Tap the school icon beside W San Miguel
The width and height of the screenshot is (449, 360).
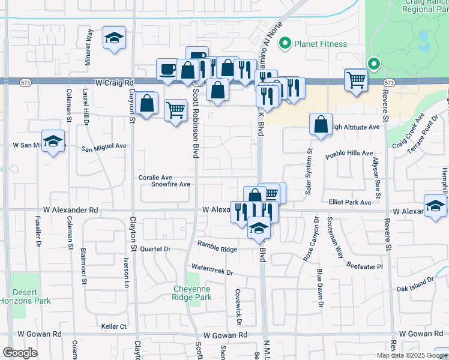(53, 142)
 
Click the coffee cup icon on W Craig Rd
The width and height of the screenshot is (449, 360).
(167, 69)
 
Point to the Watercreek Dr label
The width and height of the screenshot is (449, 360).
(212, 269)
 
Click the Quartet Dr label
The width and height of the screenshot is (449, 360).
(155, 248)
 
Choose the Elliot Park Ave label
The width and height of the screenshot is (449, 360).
(350, 203)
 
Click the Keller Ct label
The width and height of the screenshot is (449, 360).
(114, 326)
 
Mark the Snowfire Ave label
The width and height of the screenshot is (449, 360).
(170, 185)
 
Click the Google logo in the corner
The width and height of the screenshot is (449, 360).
(20, 353)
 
